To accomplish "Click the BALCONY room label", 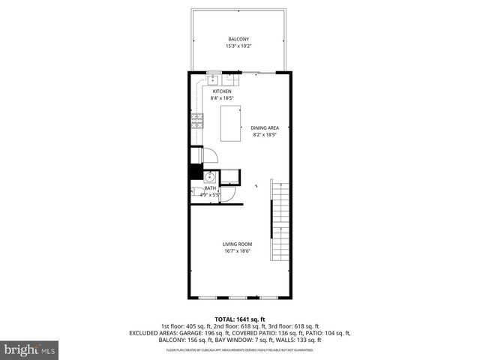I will click(x=238, y=39).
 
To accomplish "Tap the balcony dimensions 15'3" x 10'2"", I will click(x=238, y=46).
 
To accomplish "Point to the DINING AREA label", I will click(x=265, y=128).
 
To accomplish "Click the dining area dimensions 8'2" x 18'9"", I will click(x=265, y=135).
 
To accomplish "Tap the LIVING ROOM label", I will click(x=237, y=244).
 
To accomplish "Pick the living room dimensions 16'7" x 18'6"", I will click(x=237, y=251).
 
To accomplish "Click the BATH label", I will click(x=199, y=188).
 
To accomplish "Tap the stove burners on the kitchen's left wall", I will click(x=197, y=121).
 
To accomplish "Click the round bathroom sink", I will click(x=211, y=178).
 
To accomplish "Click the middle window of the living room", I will click(x=238, y=298).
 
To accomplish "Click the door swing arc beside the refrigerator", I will click(x=211, y=155).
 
